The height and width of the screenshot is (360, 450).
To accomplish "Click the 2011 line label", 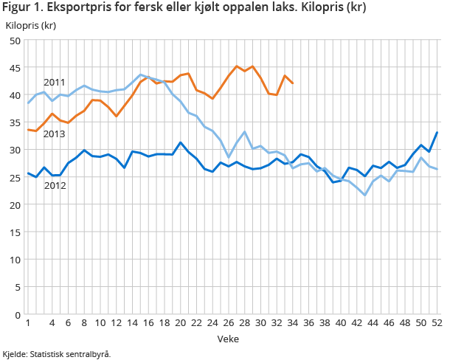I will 55,83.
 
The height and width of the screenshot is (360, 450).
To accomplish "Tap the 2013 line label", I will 55,134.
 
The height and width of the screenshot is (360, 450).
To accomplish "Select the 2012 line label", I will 55,186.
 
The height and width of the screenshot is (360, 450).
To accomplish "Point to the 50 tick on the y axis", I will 14,41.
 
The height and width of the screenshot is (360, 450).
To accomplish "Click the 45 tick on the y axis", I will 14,68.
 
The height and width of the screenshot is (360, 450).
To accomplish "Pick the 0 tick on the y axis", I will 17,315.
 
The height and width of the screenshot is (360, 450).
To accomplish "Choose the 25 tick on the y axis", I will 14,178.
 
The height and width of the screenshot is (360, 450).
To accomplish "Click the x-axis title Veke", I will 228,339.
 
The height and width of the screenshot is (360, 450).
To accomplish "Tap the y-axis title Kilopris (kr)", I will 31,25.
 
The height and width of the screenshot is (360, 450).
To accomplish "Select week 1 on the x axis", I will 28,323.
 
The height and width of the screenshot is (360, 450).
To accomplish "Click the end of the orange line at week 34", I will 293,83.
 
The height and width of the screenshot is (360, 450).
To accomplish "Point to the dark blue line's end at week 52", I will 437,133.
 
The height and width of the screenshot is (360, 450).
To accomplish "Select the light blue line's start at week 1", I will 28,103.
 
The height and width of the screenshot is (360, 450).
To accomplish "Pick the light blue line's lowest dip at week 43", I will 364,195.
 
